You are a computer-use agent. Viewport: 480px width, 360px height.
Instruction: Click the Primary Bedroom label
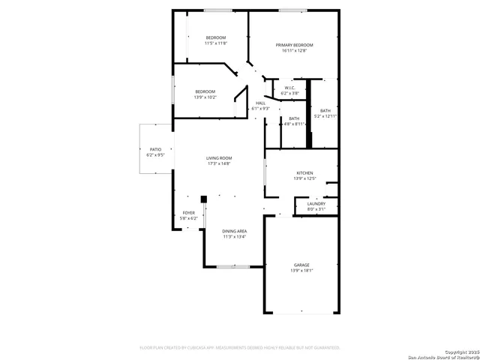[x=294, y=45]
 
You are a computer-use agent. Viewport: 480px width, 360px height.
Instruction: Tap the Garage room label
[x=301, y=265]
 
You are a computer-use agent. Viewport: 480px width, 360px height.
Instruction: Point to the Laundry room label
[x=316, y=203]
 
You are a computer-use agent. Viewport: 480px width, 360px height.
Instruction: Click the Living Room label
[x=220, y=157]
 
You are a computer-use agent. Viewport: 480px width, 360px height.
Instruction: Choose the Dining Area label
[x=234, y=231]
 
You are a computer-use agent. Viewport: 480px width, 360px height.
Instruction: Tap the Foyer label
[x=189, y=212]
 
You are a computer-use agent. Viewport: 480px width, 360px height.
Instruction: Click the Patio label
[x=155, y=150]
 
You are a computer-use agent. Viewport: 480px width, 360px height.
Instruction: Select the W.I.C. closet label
[x=289, y=88]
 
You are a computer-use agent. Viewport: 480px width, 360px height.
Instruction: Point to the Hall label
[x=260, y=103]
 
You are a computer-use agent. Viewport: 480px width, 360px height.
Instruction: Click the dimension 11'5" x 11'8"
[x=216, y=43]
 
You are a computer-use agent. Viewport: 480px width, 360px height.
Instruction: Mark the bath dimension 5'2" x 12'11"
[x=325, y=116]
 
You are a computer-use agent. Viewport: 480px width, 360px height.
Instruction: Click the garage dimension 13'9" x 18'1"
[x=301, y=271]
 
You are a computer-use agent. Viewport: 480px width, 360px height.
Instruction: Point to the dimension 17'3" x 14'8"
[x=220, y=163]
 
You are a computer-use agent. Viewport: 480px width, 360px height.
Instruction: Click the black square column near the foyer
[x=202, y=199]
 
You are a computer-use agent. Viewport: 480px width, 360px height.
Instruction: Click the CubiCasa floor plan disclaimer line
[x=240, y=348]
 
